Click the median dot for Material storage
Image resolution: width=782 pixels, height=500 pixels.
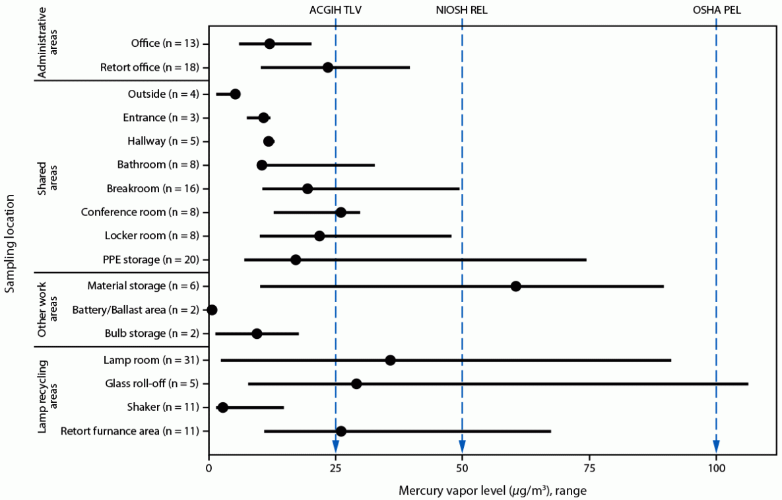coord(515,286)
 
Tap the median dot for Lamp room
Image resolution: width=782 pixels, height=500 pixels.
coord(390,360)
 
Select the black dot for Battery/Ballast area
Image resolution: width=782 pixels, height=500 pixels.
coord(212,310)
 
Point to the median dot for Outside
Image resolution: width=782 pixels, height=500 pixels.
coord(235,94)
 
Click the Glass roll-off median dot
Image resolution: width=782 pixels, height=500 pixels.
coord(356,384)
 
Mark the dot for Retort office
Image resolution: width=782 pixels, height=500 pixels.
coord(328,67)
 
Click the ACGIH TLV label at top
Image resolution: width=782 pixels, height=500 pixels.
coord(335,11)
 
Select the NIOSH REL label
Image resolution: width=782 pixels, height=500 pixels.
coord(462,11)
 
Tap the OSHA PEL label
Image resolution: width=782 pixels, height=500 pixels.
coord(717,11)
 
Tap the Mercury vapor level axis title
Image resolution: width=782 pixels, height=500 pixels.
coord(492,491)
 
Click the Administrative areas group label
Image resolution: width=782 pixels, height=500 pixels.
coord(48,43)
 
